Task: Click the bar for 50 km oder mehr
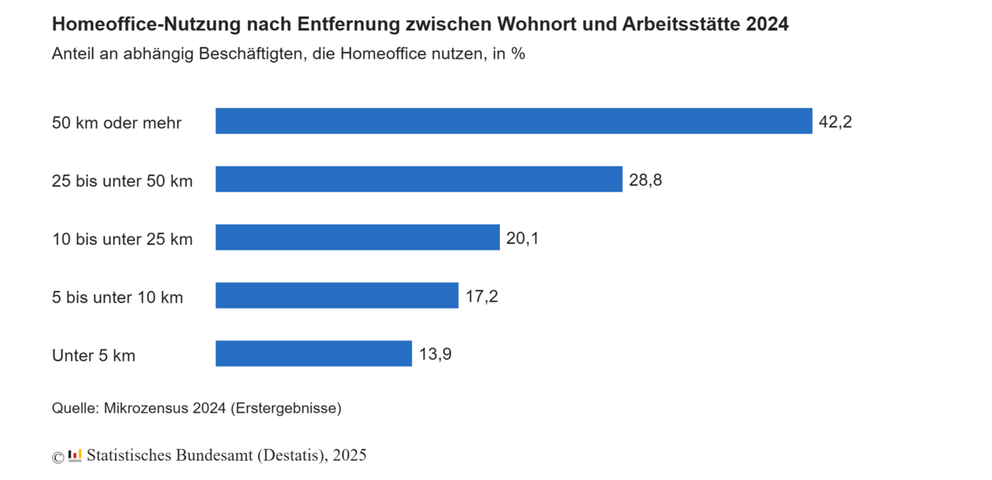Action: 513,121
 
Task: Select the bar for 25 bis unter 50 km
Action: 418,179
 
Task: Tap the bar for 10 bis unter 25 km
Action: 357,237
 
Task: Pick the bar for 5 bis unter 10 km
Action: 336,295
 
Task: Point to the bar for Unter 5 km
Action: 313,354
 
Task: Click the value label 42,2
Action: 835,122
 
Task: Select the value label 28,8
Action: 646,180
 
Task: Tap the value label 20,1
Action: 522,238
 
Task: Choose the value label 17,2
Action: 481,296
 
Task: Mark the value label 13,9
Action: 435,354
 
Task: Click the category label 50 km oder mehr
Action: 117,123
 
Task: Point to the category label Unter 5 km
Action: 94,355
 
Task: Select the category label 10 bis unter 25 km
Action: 122,239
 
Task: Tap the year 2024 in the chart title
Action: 767,25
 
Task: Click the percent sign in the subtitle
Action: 518,55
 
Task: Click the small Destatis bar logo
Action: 75,456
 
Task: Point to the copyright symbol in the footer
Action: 58,457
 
